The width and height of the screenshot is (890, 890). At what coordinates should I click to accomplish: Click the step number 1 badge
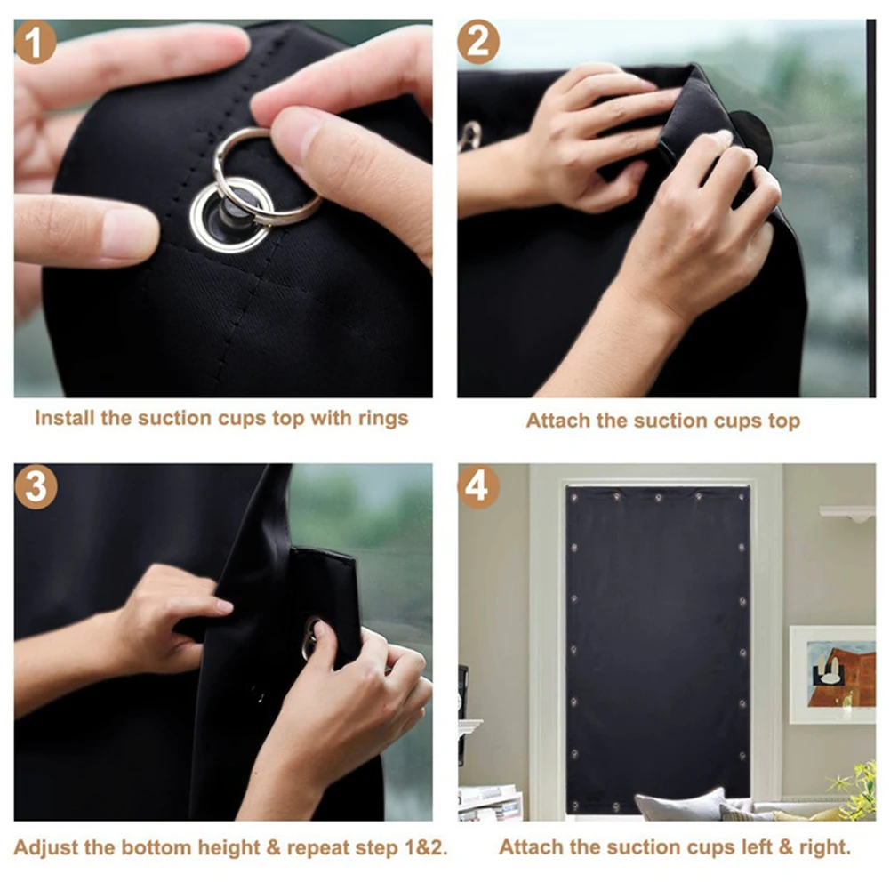coord(36,42)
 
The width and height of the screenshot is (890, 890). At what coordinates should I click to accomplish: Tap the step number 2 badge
coord(478,42)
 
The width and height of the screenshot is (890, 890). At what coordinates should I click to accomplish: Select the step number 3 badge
coord(36,486)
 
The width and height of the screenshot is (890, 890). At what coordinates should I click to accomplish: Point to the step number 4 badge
coord(478,486)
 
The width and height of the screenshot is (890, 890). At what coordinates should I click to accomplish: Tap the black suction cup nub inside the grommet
coord(233,213)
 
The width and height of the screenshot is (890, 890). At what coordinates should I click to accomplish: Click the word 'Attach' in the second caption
coord(557,421)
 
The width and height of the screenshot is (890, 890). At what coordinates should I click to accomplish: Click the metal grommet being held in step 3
coord(311,637)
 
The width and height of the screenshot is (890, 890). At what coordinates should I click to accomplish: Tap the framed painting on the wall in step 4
coord(831,673)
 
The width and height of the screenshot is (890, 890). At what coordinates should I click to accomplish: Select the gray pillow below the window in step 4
coord(679,805)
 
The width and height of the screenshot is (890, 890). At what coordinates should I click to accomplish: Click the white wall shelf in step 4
coord(846,513)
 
